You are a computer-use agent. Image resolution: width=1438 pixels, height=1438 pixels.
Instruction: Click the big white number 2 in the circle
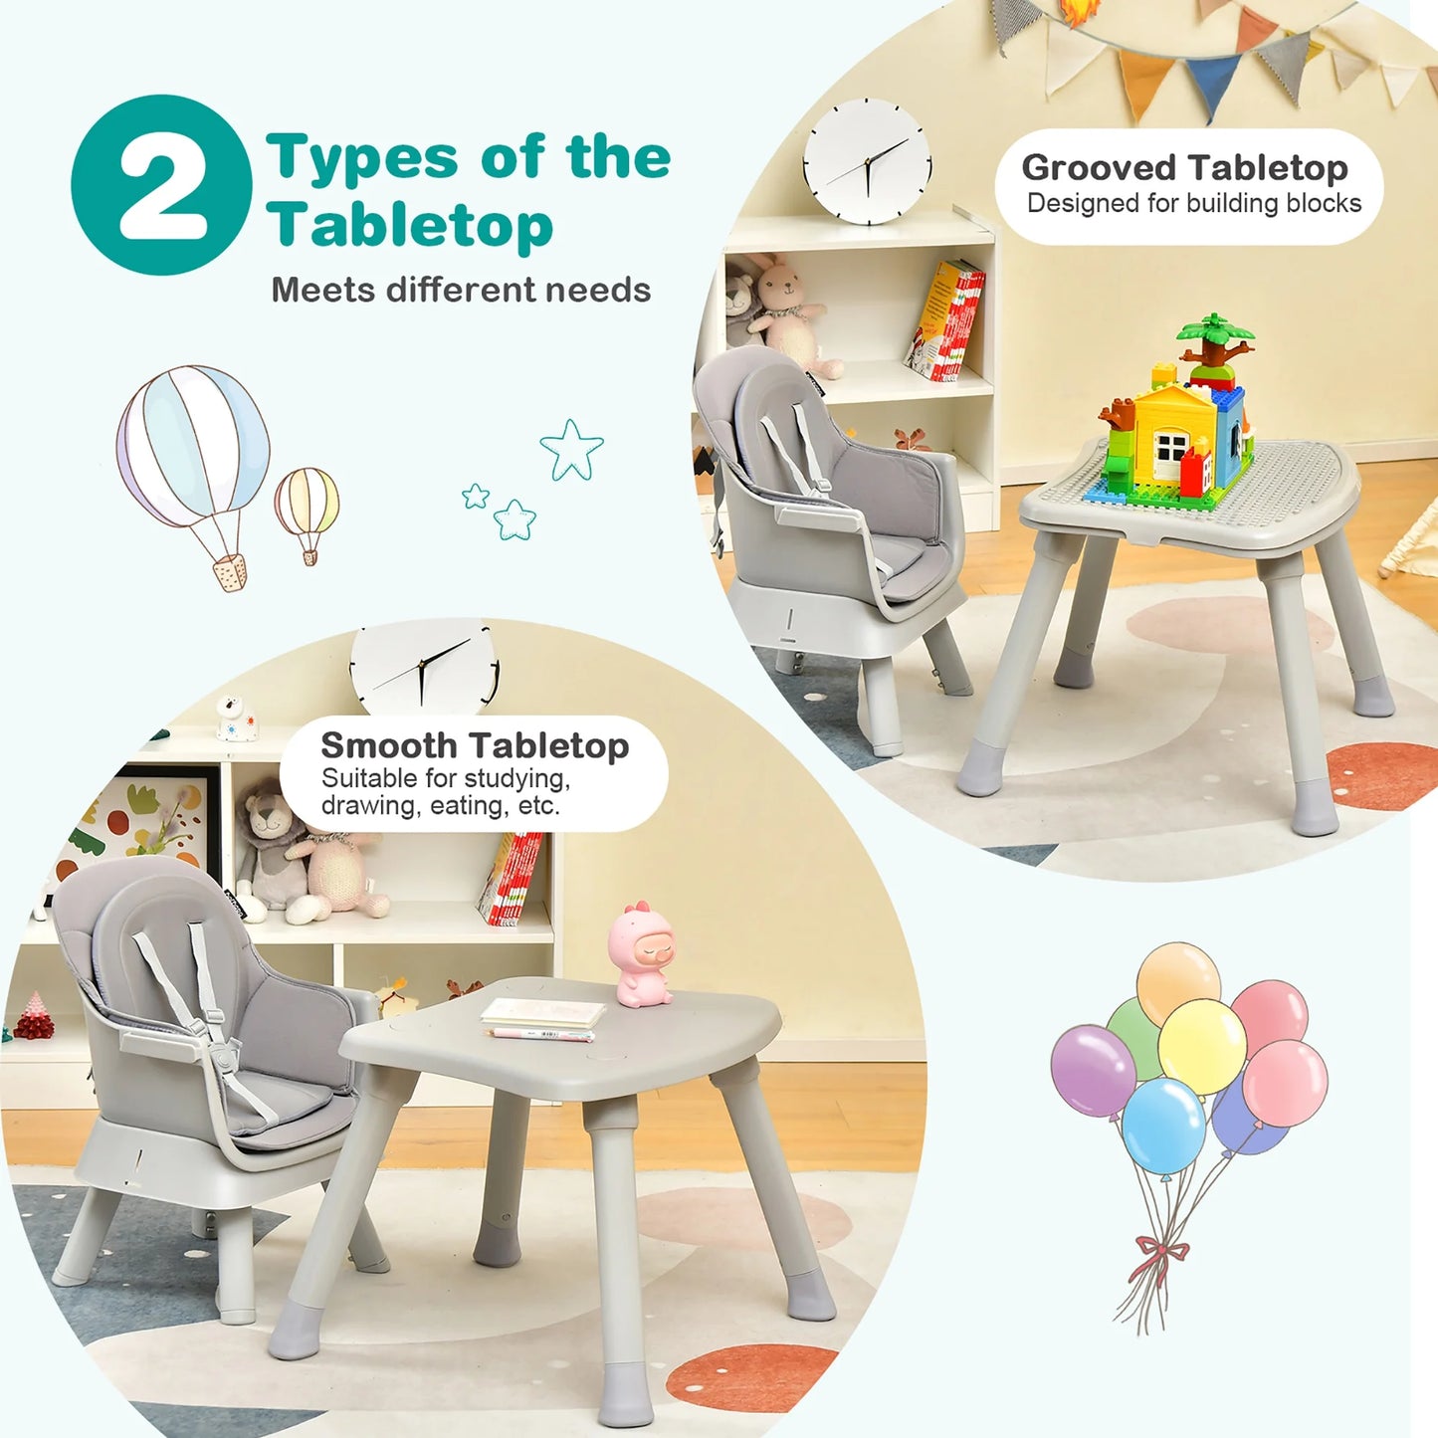(x=162, y=185)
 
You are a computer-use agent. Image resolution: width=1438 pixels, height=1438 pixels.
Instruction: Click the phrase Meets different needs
(x=461, y=290)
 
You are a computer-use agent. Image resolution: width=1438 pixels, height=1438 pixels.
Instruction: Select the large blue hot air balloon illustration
(x=194, y=448)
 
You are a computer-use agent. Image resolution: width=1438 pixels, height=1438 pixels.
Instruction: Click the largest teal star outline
(x=572, y=449)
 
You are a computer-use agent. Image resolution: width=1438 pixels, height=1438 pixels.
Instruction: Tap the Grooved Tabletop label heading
(x=1184, y=167)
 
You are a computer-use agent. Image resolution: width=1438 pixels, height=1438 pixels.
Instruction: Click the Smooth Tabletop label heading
(x=475, y=745)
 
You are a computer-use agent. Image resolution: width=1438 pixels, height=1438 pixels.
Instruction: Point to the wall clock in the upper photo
(x=868, y=161)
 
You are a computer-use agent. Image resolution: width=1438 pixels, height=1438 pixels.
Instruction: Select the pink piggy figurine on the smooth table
(x=643, y=955)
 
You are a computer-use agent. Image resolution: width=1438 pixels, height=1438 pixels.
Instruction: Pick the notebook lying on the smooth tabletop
(x=543, y=1013)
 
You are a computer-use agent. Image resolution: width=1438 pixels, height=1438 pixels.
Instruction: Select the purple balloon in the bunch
(x=1093, y=1071)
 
